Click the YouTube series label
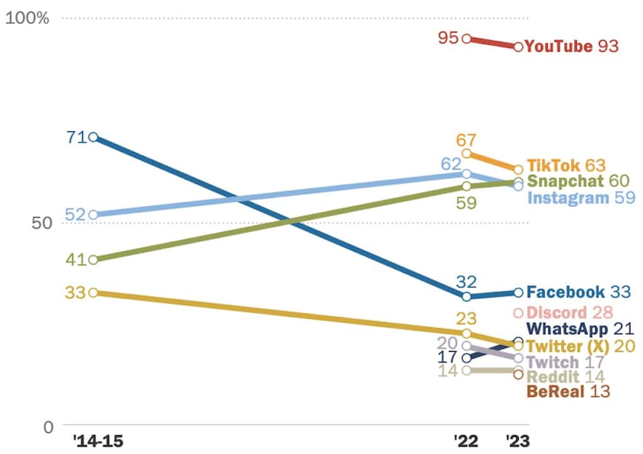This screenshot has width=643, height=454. coord(559,46)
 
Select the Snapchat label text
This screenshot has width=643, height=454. coord(559,182)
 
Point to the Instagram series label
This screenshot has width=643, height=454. coord(562,198)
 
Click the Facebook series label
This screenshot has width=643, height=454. coord(565,292)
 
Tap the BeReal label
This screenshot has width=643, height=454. coord(552,392)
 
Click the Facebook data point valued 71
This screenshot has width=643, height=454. coord(93,137)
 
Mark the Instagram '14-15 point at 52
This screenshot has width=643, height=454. coord(93,215)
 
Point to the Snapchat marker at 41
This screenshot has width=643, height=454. coord(93,260)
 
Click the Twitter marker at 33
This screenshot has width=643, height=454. coord(93,293)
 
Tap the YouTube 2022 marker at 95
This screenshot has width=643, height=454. coord(466,38)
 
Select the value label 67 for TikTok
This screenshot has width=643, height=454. coord(466,140)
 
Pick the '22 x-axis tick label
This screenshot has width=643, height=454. coord(466,439)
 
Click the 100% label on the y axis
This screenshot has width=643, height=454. coord(28,18)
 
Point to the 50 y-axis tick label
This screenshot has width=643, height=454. coord(39,223)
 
